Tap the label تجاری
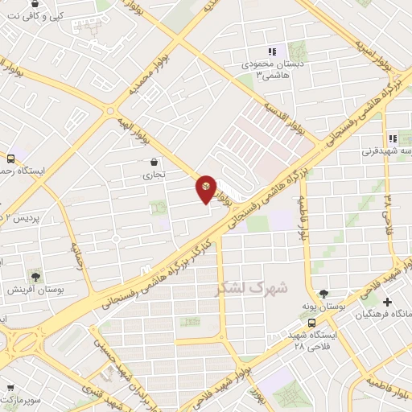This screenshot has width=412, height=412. pyautogui.click(x=154, y=174)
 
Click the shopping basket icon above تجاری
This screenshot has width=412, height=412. pyautogui.click(x=154, y=163)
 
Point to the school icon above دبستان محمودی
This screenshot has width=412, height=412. pyautogui.click(x=272, y=51)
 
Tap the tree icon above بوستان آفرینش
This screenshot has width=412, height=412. pyautogui.click(x=35, y=275)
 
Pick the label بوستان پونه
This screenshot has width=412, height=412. pyautogui.click(x=324, y=307)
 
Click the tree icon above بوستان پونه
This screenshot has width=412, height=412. pyautogui.click(x=323, y=295)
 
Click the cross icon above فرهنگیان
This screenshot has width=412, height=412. pyautogui.click(x=388, y=303)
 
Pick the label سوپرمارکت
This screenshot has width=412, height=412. pyautogui.click(x=18, y=399)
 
